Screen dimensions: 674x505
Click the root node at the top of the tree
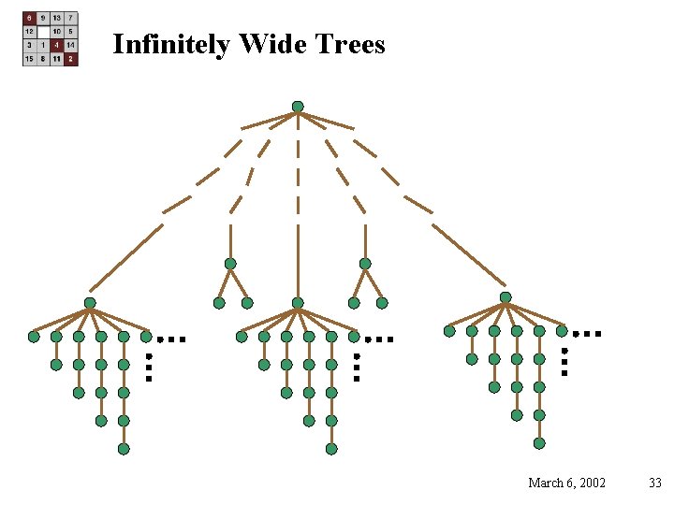pyautogui.click(x=298, y=107)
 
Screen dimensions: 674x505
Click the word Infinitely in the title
pyautogui.click(x=171, y=44)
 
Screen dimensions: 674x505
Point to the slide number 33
pyautogui.click(x=654, y=483)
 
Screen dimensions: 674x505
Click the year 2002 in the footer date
pyautogui.click(x=592, y=483)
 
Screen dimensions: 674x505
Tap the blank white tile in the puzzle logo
pyautogui.click(x=44, y=31)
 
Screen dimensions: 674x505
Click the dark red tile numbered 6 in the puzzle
pyautogui.click(x=30, y=18)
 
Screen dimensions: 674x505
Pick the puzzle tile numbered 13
pyautogui.click(x=57, y=18)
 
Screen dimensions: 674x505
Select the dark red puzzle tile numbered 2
pyautogui.click(x=71, y=58)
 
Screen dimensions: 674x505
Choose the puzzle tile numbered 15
pyautogui.click(x=30, y=58)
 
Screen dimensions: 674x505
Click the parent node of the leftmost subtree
pyautogui.click(x=90, y=303)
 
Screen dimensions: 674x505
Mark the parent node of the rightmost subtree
pyautogui.click(x=505, y=297)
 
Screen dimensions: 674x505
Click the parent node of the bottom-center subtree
pyautogui.click(x=298, y=303)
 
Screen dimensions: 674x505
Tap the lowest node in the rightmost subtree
pyautogui.click(x=539, y=443)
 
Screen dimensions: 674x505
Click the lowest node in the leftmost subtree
pyautogui.click(x=124, y=449)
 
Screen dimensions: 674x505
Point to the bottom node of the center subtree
pyautogui.click(x=331, y=449)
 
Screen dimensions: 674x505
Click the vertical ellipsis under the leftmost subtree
pyautogui.click(x=148, y=367)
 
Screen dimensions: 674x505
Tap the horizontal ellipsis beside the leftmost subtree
pyautogui.click(x=171, y=339)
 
